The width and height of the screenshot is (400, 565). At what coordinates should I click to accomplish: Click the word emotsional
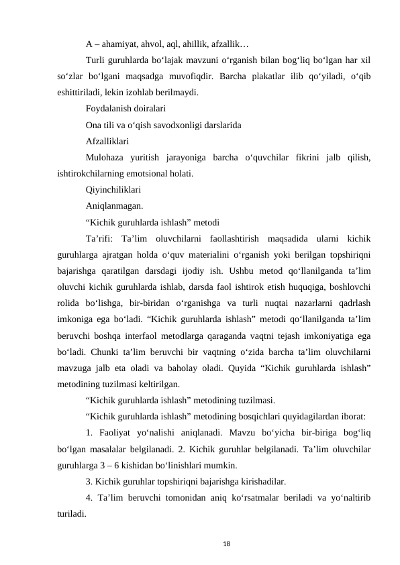(148, 173)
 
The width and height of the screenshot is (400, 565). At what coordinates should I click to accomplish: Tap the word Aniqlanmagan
(114, 206)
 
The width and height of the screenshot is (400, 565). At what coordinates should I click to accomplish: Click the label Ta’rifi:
(101, 239)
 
